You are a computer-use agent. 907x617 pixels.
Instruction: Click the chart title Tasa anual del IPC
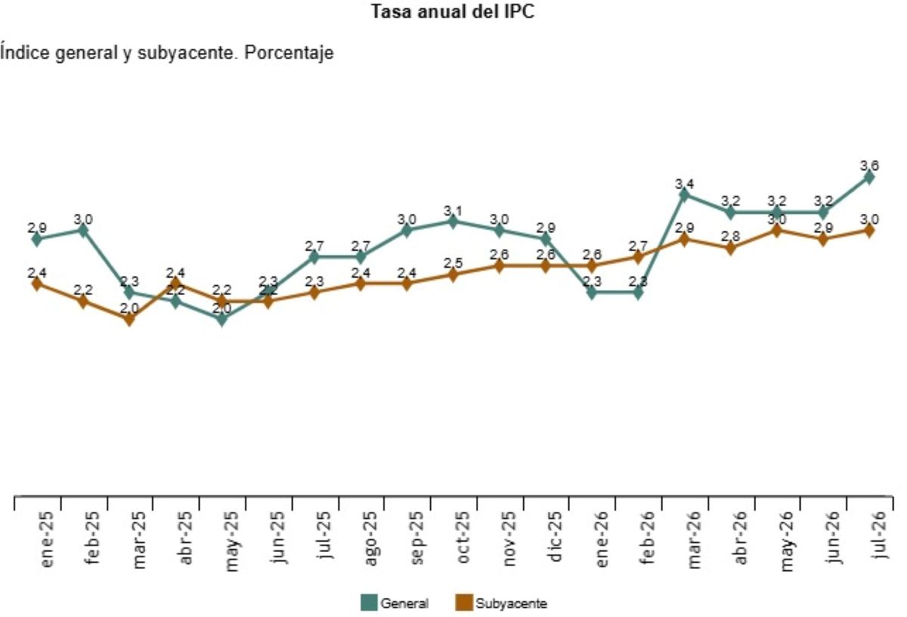(453, 11)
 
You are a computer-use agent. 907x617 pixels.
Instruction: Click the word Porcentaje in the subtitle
(289, 53)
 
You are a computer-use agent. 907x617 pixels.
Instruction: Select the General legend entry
(395, 603)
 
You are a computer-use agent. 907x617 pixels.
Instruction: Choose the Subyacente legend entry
(501, 603)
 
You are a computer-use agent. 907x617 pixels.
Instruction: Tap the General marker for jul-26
(868, 177)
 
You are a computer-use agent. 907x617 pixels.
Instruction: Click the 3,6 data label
(869, 166)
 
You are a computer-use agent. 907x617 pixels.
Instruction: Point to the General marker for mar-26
(684, 195)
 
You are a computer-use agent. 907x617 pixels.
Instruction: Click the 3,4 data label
(684, 184)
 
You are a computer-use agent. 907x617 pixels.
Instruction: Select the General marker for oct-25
(453, 222)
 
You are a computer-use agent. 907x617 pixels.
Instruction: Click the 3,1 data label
(453, 211)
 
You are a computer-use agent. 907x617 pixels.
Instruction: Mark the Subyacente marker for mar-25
(129, 319)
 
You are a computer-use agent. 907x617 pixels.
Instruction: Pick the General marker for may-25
(221, 319)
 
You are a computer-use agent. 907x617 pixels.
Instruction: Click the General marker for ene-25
(37, 240)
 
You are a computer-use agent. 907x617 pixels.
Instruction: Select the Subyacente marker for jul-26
(868, 231)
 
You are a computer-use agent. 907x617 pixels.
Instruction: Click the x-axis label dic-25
(555, 536)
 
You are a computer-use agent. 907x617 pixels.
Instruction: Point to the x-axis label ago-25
(370, 539)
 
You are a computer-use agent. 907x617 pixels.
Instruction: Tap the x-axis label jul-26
(880, 535)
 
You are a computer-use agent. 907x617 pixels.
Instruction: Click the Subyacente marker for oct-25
(453, 274)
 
